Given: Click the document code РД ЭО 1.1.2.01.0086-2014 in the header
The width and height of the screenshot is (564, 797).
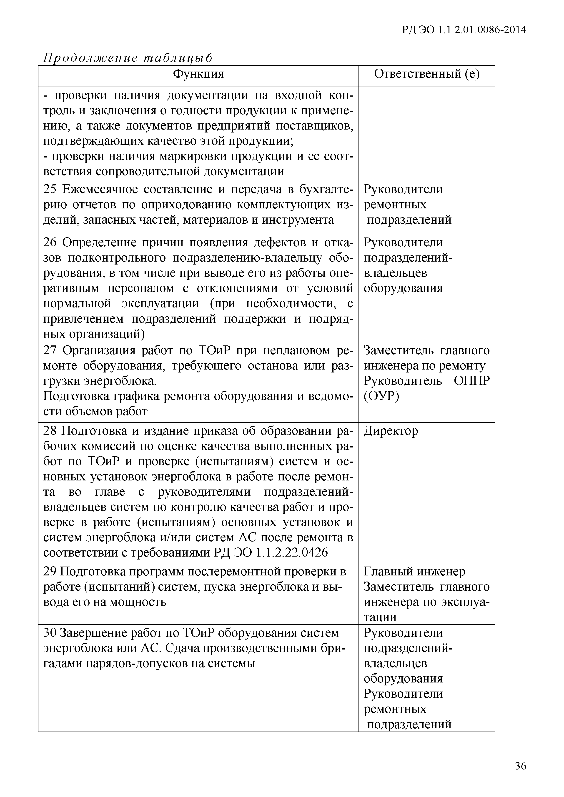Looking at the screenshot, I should coord(464,30).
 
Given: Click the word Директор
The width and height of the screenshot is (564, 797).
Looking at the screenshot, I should coord(391,431).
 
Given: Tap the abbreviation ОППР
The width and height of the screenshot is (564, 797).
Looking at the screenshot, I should coord(472,381).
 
